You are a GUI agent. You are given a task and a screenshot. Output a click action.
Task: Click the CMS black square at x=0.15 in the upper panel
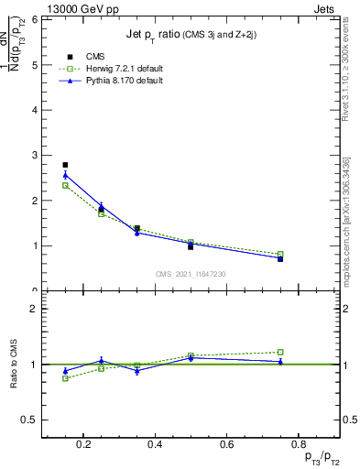[65, 165]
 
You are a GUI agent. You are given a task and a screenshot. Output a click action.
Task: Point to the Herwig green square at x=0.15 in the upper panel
[65, 185]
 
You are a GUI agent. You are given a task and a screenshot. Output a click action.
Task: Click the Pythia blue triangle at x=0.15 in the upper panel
[65, 175]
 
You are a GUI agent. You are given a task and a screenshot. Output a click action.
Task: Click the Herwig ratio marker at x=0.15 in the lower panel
[65, 378]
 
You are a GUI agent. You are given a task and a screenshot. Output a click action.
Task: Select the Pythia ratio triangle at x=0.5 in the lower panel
[191, 357]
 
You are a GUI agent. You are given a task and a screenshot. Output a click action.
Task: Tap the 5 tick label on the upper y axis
[34, 65]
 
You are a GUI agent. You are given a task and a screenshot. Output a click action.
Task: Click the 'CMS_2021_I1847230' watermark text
[191, 274]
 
